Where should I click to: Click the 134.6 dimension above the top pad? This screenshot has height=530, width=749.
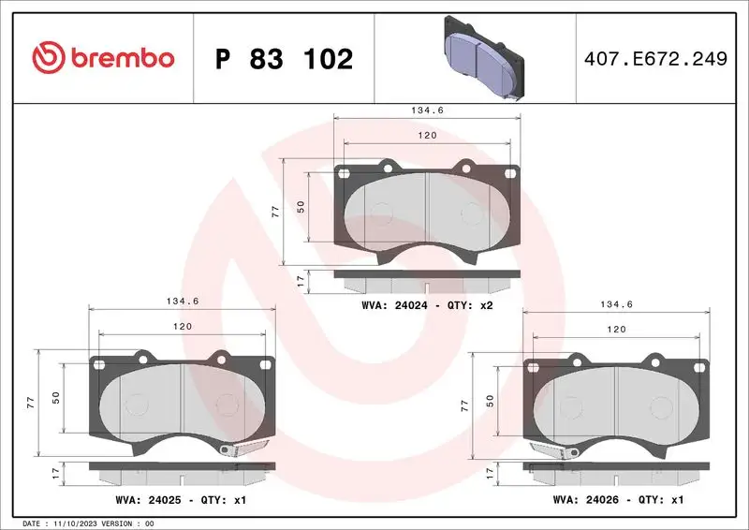pos(427,110)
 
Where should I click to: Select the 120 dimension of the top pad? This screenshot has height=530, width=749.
pos(427,136)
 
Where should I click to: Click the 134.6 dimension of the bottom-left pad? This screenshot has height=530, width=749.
pos(180,302)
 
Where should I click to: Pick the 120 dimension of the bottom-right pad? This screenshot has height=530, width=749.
pos(616,330)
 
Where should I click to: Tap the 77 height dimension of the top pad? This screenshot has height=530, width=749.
pos(275,212)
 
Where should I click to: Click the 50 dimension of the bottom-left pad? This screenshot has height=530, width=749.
pos(56,397)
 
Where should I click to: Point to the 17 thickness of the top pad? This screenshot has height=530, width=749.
pos(300,279)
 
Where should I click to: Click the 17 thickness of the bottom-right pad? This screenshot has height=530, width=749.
pos(491,475)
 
